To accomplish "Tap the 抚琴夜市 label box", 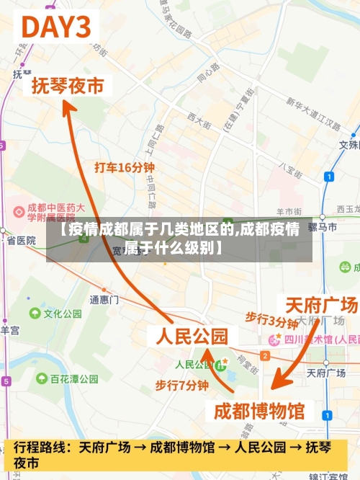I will coord(68,86).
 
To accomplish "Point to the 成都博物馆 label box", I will coord(260,412).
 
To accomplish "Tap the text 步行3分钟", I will coord(271,319).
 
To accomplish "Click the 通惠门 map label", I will coord(104,298).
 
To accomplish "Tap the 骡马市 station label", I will coord(322,227).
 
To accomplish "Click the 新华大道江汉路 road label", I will coord(313,114).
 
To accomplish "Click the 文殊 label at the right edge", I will coord(350,144).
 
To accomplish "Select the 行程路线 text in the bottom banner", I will coord(35,447).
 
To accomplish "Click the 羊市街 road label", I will coord(289,212).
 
